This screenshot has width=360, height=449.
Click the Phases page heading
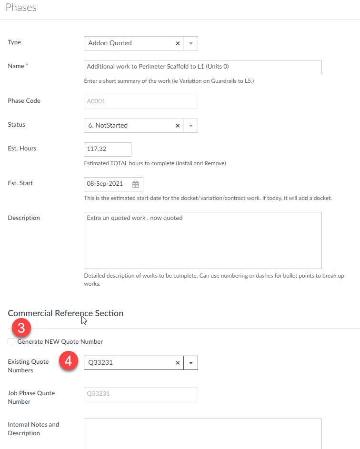pyautogui.click(x=21, y=8)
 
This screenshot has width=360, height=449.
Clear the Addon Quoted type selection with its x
pyautogui.click(x=178, y=43)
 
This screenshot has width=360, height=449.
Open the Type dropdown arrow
pyautogui.click(x=190, y=43)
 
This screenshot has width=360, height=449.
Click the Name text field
pyautogui.click(x=202, y=67)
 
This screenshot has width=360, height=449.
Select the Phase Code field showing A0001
pyautogui.click(x=140, y=101)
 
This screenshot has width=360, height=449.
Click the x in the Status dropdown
pyautogui.click(x=178, y=126)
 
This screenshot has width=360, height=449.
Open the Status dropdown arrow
pyautogui.click(x=190, y=126)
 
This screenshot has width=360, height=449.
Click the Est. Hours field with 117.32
pyautogui.click(x=107, y=149)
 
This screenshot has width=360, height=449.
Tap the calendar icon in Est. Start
pyautogui.click(x=135, y=184)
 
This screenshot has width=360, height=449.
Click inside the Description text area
pyautogui.click(x=202, y=240)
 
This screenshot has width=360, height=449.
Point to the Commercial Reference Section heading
pyautogui.click(x=66, y=313)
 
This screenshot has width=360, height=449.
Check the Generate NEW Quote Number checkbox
pyautogui.click(x=11, y=342)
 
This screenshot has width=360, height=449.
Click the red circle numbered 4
pyautogui.click(x=68, y=361)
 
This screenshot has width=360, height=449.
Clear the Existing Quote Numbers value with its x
pyautogui.click(x=178, y=363)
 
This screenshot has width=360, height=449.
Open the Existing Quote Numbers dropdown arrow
pyautogui.click(x=190, y=363)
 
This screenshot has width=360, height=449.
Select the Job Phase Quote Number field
pyautogui.click(x=140, y=394)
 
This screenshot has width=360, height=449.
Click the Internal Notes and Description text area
pyautogui.click(x=202, y=433)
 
